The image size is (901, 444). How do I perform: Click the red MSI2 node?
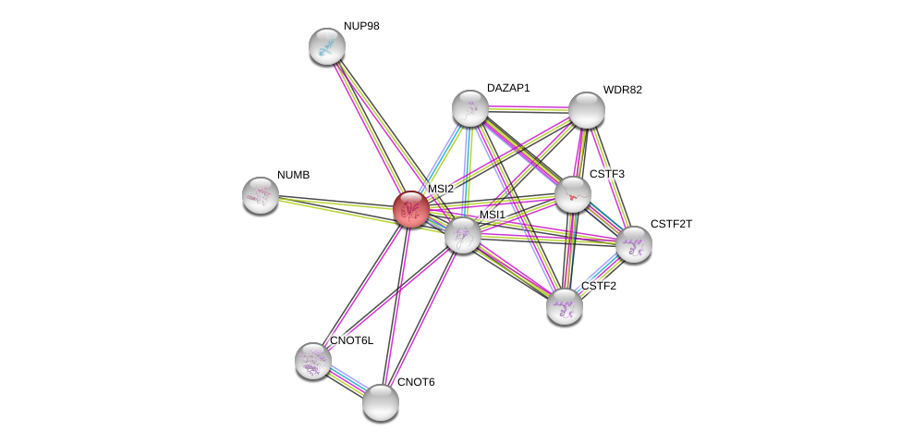tap(410, 209)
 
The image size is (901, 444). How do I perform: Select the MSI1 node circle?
tap(462, 235)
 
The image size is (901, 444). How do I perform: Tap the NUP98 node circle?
tap(326, 46)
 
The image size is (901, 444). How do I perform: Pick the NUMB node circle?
tap(261, 195)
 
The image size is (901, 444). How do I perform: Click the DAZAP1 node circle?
tap(470, 108)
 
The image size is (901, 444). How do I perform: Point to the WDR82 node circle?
tap(586, 110)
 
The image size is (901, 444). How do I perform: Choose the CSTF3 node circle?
tap(573, 194)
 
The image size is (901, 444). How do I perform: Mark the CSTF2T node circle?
tap(634, 244)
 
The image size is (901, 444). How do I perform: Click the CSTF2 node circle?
tap(565, 306)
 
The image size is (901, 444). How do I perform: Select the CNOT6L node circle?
tap(313, 361)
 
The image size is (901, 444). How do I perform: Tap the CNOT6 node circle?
tap(380, 402)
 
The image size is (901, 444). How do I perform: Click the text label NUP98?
tap(361, 26)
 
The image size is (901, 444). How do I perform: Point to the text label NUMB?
tap(294, 175)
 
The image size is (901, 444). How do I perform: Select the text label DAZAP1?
tap(508, 88)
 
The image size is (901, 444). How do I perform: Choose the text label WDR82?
tap(622, 90)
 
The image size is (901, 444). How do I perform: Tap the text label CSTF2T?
tap(670, 224)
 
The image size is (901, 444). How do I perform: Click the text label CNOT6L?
tap(351, 340)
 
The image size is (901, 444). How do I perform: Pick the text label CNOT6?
tap(415, 382)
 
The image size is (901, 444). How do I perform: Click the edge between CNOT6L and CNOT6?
tap(347, 381)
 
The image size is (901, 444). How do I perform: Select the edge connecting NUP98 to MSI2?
tap(367, 125)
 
